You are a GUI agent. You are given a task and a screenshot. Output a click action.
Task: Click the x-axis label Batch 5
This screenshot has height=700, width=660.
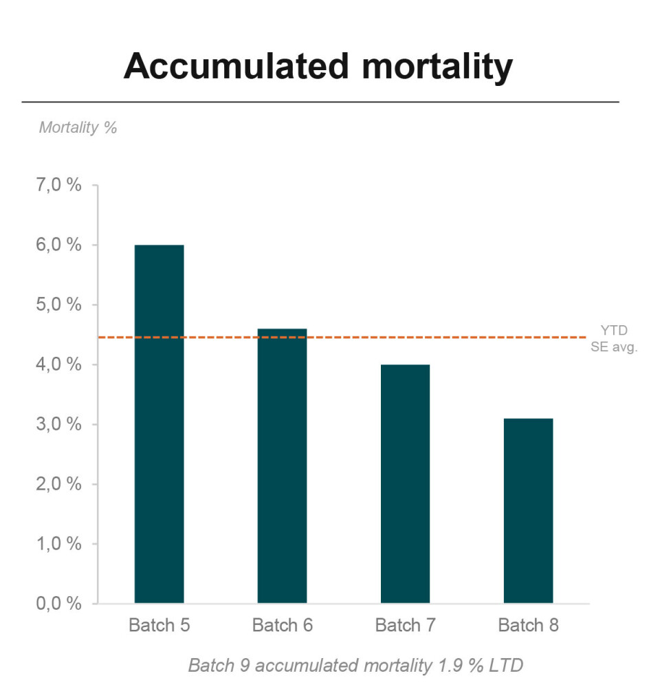(x=159, y=625)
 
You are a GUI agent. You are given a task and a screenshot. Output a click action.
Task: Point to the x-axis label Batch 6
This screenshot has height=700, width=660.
(x=282, y=625)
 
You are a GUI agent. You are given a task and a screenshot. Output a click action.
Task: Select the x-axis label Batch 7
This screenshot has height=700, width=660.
(x=405, y=625)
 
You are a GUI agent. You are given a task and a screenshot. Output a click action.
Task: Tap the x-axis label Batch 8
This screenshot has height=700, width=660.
(x=528, y=625)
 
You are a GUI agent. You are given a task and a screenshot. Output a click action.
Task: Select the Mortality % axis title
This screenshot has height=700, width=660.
(x=78, y=127)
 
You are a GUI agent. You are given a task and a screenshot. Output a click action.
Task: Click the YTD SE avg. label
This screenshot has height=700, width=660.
(x=614, y=339)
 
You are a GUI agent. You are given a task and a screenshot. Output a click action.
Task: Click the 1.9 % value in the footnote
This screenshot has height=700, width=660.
(x=443, y=666)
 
